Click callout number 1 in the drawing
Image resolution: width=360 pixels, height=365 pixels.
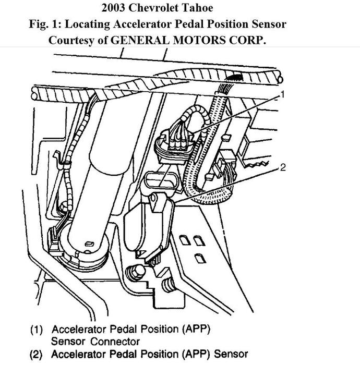point(282,94)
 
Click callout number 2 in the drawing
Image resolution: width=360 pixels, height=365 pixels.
point(283,167)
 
